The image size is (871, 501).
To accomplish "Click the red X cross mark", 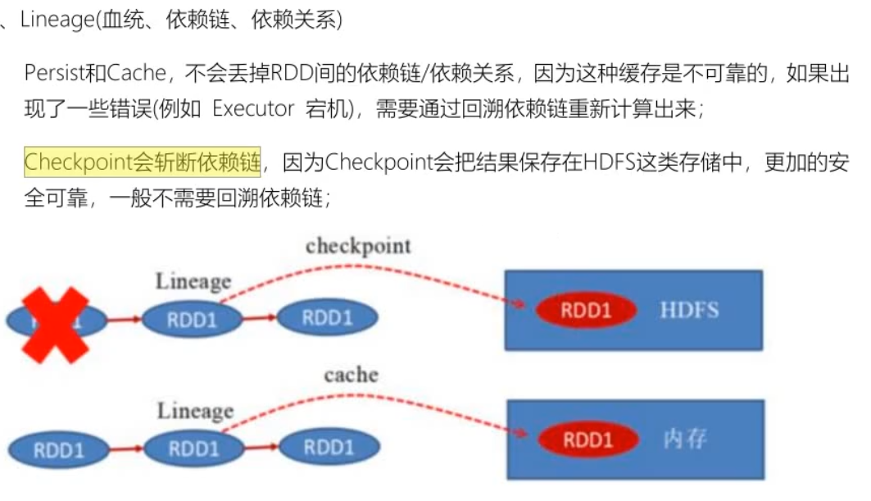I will tap(55, 325).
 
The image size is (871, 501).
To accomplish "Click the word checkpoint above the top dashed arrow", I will tap(358, 245).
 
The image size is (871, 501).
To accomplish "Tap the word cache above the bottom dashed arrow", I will tap(351, 375).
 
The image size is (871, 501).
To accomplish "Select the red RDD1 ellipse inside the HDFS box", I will tap(586, 311).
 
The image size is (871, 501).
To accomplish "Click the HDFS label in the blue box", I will tap(689, 310).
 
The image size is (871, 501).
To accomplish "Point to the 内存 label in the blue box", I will tap(684, 440).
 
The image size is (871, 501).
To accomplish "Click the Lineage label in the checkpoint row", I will tap(193, 282).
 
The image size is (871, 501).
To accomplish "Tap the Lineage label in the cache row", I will tap(195, 410).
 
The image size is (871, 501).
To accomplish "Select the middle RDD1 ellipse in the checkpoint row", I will tap(191, 319).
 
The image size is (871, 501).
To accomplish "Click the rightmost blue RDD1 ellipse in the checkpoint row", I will tap(327, 317).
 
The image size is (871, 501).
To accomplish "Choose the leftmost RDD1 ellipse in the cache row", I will tap(58, 449).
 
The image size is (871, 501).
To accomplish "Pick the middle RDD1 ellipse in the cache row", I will tap(193, 448).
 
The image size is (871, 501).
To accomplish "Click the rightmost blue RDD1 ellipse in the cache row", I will tap(329, 447).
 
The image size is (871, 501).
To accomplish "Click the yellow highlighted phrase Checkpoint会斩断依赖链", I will tap(142, 162).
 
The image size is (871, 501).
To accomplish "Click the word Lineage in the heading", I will tap(56, 20).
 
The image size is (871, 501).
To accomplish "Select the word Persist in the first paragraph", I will tap(54, 73).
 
